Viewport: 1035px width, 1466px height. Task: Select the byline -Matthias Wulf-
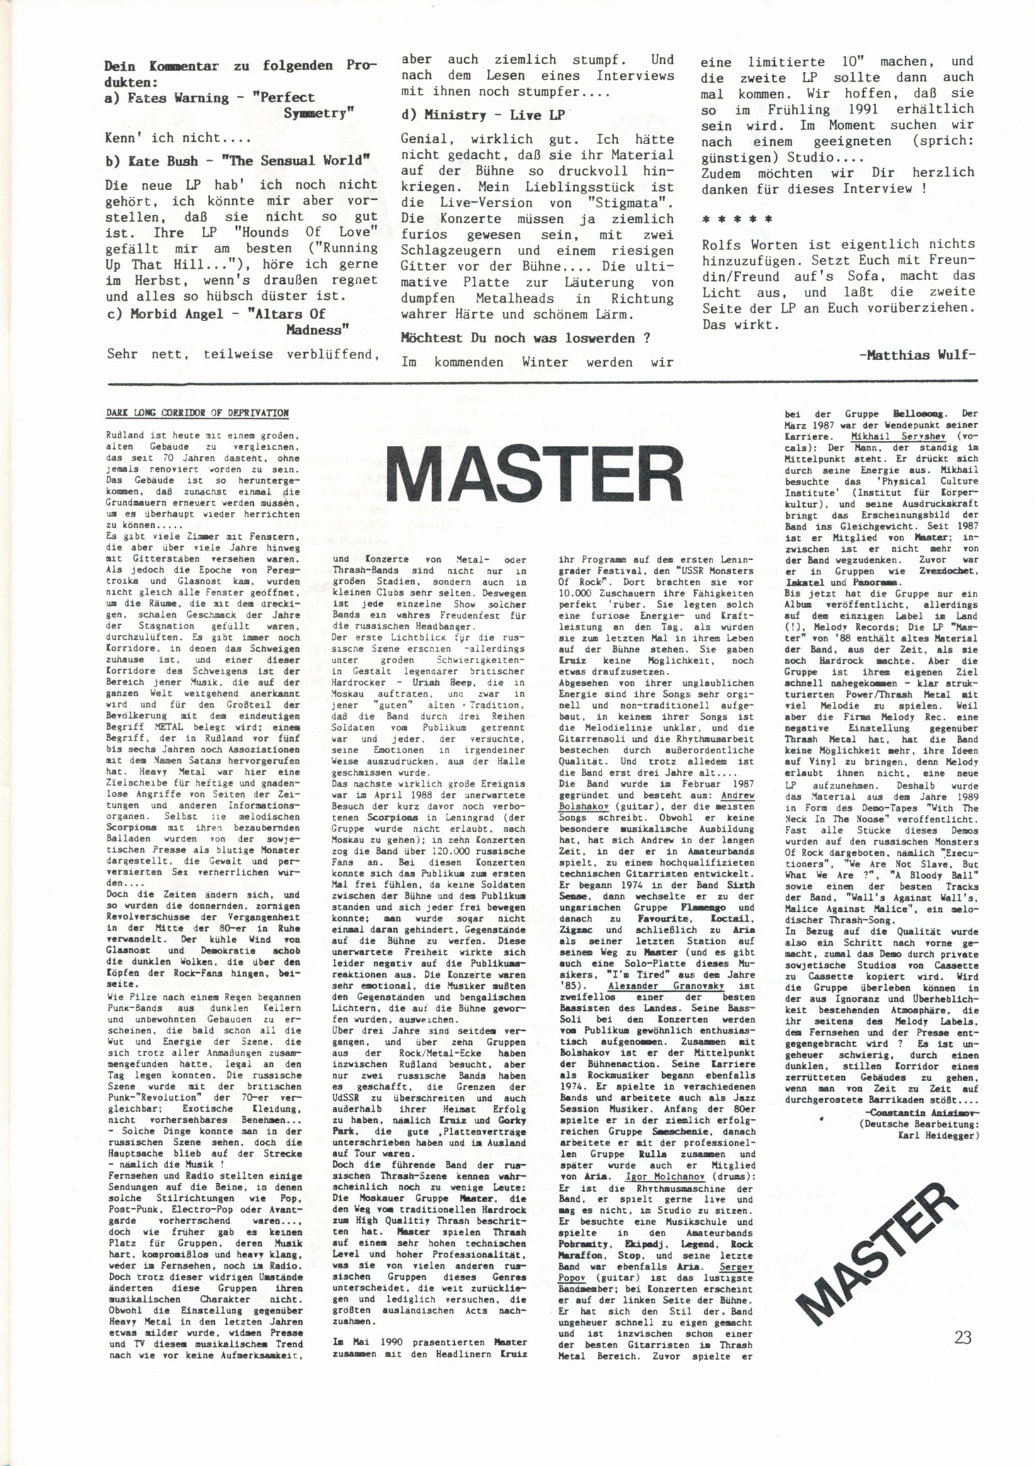917,355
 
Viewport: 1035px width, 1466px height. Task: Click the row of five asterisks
736,220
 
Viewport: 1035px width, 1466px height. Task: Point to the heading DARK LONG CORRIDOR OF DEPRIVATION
197,413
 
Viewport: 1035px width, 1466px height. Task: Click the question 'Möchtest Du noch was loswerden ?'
525,338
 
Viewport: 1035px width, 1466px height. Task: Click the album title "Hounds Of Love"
311,232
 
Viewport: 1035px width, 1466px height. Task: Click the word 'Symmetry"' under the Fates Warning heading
319,113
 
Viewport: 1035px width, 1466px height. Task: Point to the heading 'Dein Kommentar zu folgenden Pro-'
240,65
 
